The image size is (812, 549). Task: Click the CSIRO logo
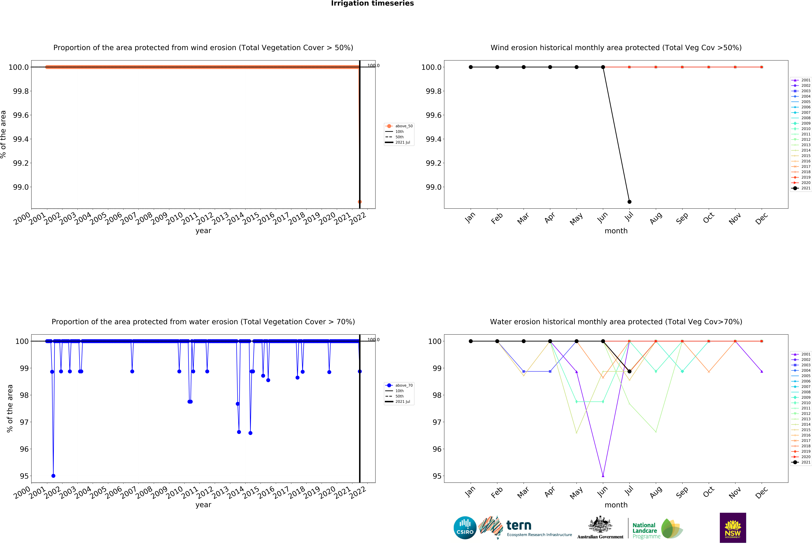pyautogui.click(x=465, y=528)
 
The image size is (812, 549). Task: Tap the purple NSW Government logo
pyautogui.click(x=733, y=528)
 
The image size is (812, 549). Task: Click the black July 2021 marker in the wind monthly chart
pyautogui.click(x=629, y=202)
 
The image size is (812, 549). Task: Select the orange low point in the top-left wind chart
pyautogui.click(x=360, y=202)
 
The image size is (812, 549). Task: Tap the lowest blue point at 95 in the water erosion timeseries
pyautogui.click(x=53, y=476)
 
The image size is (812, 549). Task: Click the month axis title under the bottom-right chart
pyautogui.click(x=616, y=505)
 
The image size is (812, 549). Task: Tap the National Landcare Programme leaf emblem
pyautogui.click(x=672, y=528)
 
